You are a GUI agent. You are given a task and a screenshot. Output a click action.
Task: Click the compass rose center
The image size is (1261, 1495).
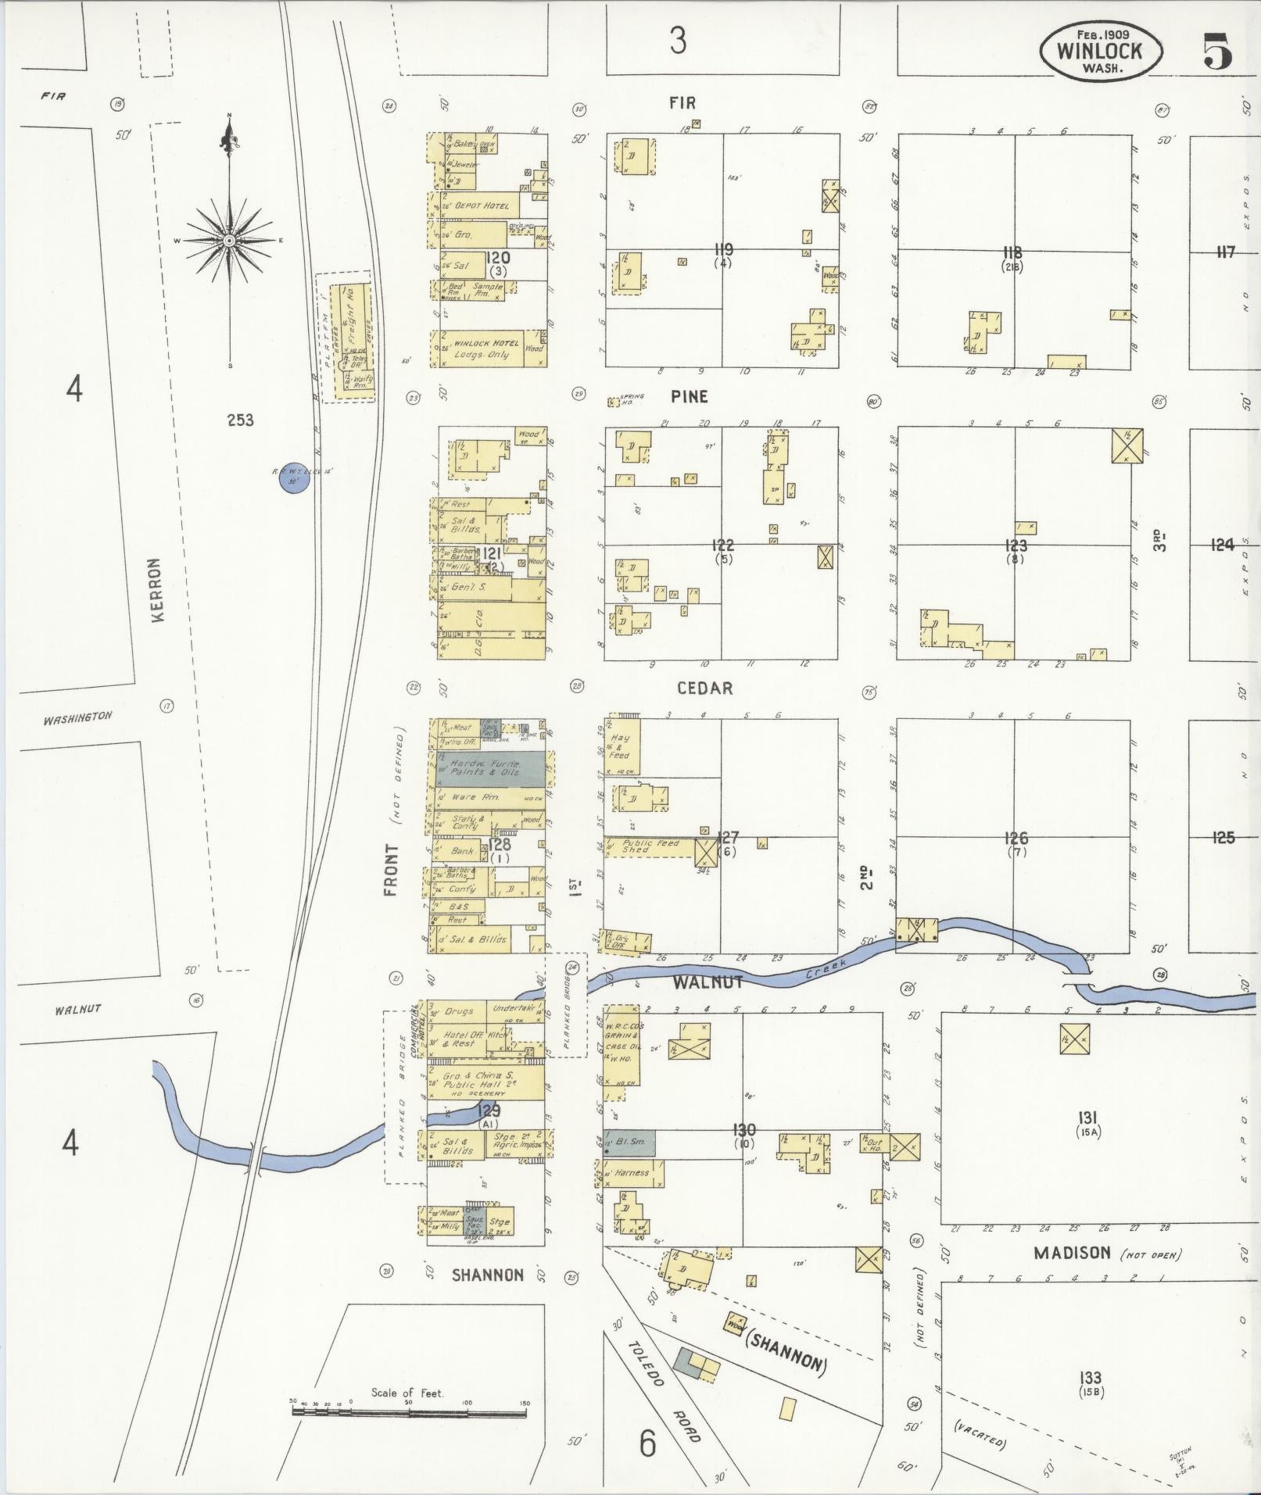point(229,240)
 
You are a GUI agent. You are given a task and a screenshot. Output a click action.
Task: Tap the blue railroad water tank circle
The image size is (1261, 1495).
point(293,481)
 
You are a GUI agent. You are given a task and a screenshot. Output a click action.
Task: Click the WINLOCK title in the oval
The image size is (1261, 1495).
point(1099,52)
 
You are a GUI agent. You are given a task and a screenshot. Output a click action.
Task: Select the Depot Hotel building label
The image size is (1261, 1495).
point(482,206)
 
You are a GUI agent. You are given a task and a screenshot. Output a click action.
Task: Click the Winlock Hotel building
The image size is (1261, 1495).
point(486,349)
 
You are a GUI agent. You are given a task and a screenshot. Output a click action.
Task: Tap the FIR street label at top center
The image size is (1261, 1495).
point(682,102)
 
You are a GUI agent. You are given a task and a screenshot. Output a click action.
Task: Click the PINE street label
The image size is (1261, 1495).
point(689,397)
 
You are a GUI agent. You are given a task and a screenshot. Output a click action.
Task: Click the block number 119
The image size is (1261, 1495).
point(723,250)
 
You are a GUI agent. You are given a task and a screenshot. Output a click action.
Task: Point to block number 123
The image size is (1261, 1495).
point(1016,545)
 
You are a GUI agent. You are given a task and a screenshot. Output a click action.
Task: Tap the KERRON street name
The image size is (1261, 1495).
point(158,590)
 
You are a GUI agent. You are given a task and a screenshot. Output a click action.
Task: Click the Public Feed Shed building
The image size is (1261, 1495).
point(647,846)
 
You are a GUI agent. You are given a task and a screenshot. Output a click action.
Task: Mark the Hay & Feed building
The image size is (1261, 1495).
point(622,746)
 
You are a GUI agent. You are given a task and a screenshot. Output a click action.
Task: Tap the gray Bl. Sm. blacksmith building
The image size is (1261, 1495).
point(630,1143)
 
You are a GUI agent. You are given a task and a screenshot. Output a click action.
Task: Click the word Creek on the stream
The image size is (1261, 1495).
point(826,970)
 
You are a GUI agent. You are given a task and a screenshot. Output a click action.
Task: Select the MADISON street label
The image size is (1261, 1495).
point(1071,1253)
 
